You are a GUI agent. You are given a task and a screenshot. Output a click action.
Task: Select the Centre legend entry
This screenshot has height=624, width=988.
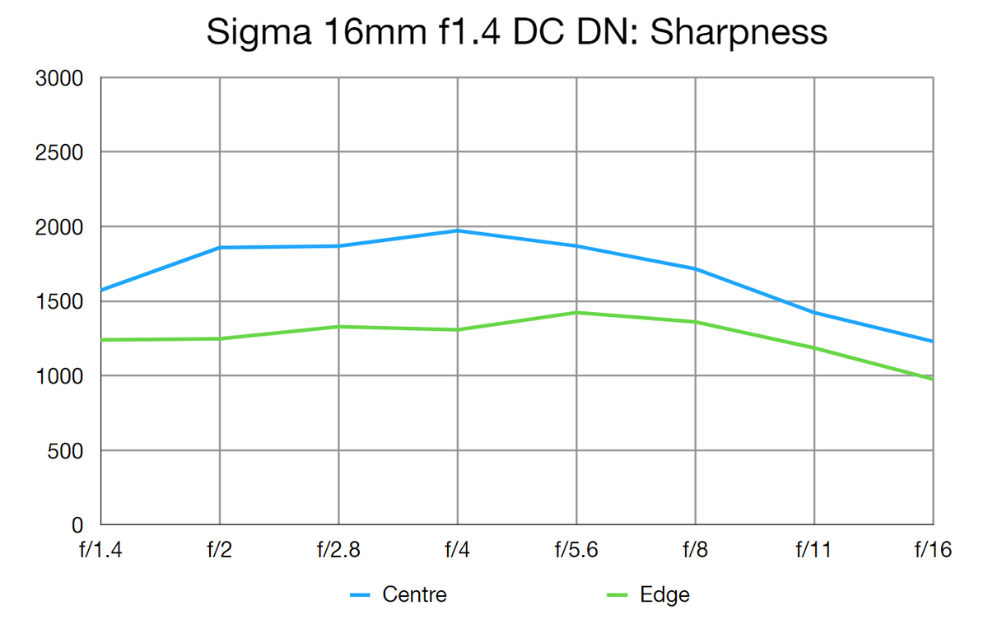point(414,594)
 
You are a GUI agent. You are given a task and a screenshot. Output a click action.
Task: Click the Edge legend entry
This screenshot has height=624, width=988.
point(664,594)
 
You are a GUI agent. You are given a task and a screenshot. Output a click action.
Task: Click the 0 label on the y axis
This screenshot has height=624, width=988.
point(77,525)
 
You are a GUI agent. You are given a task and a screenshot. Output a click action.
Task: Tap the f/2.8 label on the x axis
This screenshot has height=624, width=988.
point(338,550)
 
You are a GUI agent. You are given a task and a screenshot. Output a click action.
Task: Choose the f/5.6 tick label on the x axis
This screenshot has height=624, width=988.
point(576,550)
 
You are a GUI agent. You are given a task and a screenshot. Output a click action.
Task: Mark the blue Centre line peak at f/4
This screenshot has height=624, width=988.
point(457,231)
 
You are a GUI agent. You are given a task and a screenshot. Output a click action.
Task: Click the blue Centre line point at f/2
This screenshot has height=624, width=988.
point(220,248)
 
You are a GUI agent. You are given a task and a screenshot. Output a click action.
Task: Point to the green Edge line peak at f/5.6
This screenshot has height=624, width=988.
point(576,313)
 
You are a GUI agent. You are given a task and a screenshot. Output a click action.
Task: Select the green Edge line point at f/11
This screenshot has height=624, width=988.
point(814,348)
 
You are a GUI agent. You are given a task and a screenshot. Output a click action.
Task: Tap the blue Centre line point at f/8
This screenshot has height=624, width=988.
point(696,269)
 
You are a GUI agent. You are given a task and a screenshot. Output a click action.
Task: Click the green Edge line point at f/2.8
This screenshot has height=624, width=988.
point(338,327)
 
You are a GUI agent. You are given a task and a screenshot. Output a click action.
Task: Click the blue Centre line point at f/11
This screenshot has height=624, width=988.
point(814,313)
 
